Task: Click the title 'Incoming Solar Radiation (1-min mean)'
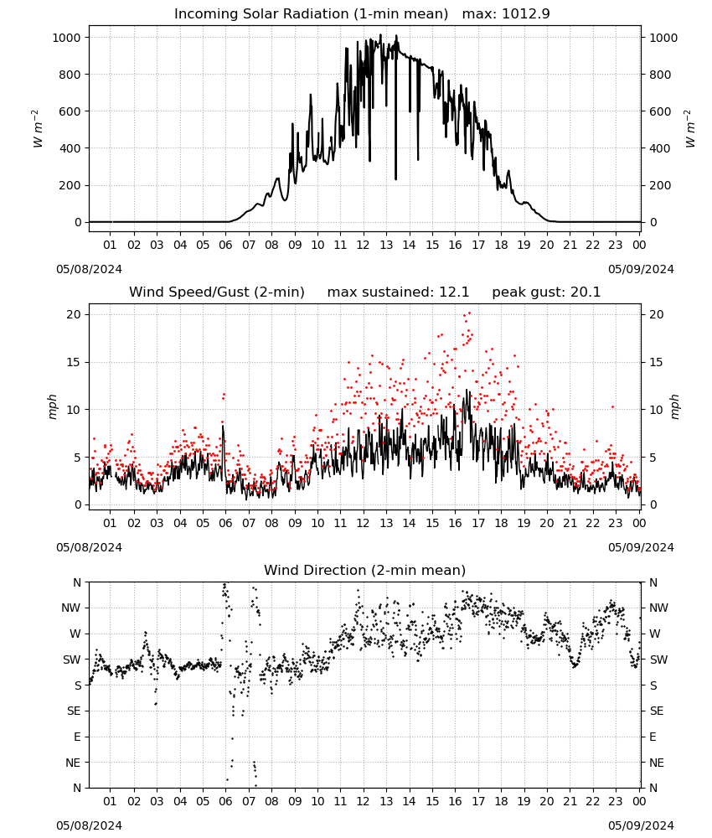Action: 311,14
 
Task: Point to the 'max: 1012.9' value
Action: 506,14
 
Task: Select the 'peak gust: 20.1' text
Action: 546,292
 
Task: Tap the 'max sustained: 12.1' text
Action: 398,292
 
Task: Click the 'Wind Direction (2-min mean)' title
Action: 365,570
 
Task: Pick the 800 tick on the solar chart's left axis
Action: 70,75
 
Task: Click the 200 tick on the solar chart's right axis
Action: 660,185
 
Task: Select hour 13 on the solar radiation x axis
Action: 386,245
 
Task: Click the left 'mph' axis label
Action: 52,406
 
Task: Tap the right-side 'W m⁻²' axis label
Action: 689,129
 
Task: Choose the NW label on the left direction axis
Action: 71,608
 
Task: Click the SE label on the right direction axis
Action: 657,711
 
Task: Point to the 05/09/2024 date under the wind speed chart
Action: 641,547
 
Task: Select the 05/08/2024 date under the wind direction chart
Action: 89,825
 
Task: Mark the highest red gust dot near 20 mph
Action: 470,313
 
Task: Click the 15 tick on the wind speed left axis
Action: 75,362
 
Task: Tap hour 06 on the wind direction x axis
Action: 225,802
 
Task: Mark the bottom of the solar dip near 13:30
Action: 396,179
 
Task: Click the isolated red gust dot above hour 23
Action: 612,406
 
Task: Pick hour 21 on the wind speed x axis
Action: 570,523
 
